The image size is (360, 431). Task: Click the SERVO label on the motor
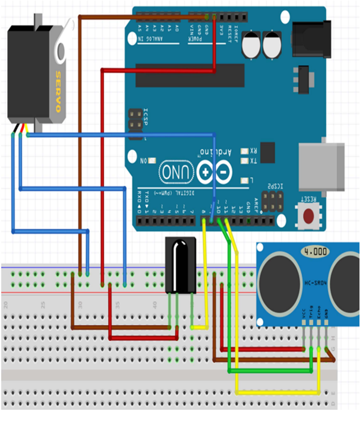coord(58,91)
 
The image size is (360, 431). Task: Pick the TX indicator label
coord(253,161)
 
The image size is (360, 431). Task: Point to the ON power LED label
coord(144,161)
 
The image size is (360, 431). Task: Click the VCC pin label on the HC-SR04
coord(304,314)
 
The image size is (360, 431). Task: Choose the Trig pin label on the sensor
coord(311,314)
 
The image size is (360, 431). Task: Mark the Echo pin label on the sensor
coord(318,314)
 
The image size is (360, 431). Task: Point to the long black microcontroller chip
coord(189,75)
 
